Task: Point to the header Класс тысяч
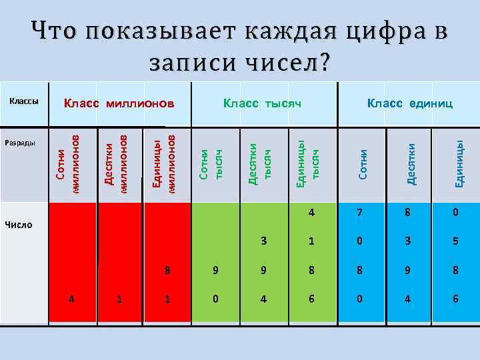263,103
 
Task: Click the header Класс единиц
410,103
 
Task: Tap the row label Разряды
23,143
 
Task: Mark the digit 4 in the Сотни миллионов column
71,299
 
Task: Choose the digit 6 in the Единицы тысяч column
311,299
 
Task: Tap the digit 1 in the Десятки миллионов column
119,299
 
